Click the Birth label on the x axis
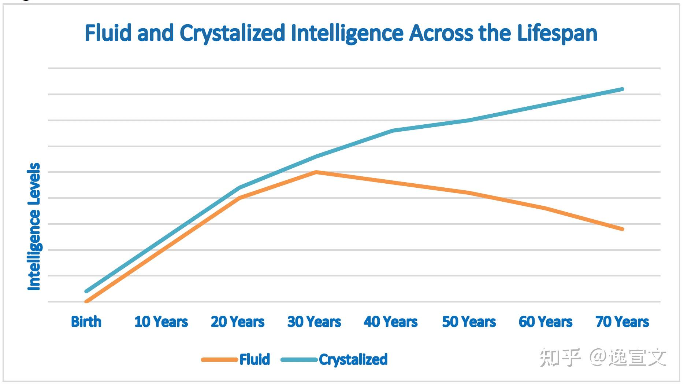click(x=86, y=322)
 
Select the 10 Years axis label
click(x=161, y=322)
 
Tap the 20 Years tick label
click(x=238, y=322)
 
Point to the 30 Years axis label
click(x=314, y=322)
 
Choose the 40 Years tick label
click(x=391, y=322)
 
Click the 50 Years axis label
click(x=469, y=322)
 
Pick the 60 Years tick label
click(x=546, y=322)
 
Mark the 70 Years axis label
click(x=622, y=322)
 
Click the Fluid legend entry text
click(x=255, y=359)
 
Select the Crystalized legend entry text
click(x=353, y=359)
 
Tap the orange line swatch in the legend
click(x=219, y=360)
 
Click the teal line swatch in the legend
click(x=299, y=360)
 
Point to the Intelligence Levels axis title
click(x=34, y=227)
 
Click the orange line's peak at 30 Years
click(x=316, y=172)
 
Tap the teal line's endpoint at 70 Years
click(x=622, y=89)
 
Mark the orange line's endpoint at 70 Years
click(x=622, y=229)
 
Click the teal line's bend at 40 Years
click(x=392, y=131)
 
